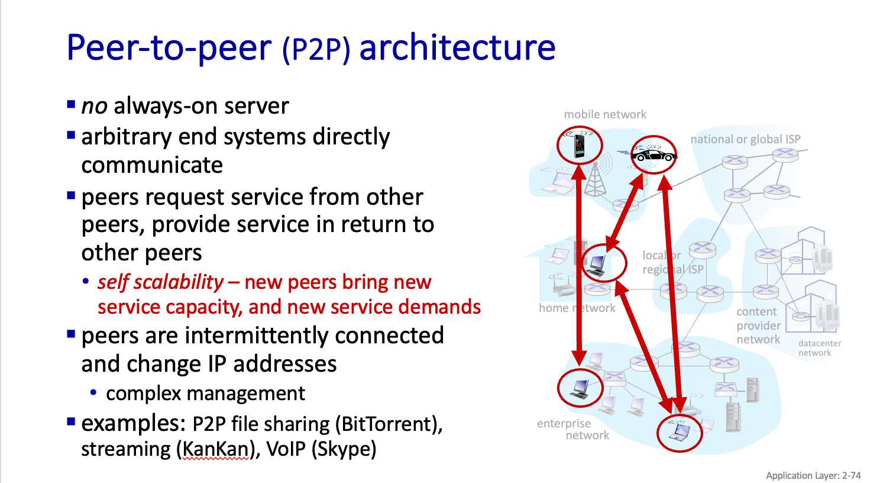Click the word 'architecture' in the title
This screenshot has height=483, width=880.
point(457,47)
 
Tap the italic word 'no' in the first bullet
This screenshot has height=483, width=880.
point(94,107)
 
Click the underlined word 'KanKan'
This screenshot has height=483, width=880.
point(215,449)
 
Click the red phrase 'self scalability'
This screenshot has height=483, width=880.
point(160,282)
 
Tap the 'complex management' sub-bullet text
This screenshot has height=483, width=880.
point(205,393)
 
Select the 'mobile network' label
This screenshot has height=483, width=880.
point(605,114)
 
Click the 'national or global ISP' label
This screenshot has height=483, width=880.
point(745,139)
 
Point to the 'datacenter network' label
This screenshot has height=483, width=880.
point(819,348)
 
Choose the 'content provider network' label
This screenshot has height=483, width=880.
point(758,325)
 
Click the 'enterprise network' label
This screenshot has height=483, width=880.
point(572,429)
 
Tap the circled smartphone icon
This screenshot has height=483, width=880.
point(580,145)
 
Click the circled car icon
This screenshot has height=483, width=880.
point(653,154)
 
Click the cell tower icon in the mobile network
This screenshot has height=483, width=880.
point(595,178)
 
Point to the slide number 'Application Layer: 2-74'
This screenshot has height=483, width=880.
point(813,475)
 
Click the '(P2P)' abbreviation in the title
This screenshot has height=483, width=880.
point(316,50)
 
